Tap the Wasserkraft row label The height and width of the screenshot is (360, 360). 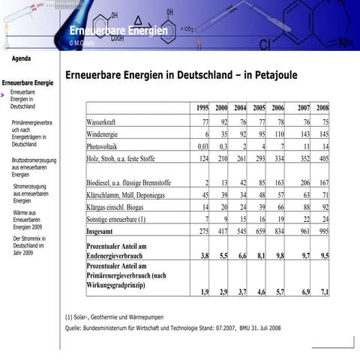[x=106, y=121]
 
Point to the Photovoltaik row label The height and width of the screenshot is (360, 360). [x=104, y=146]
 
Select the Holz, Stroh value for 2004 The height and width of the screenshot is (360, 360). [x=240, y=158]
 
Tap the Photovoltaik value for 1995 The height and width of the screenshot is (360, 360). [x=201, y=146]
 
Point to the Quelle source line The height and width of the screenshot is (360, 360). [x=173, y=328]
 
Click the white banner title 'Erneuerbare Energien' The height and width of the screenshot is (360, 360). [x=118, y=30]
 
